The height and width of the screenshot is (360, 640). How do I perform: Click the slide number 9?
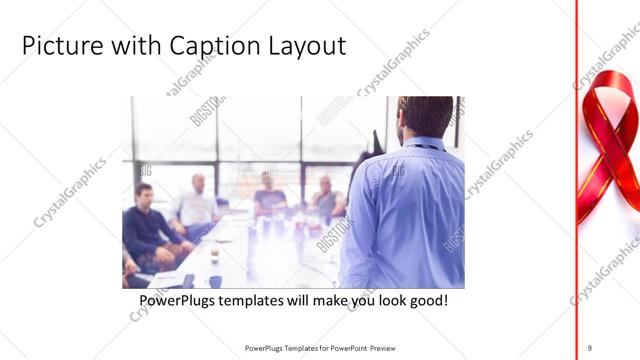[x=590, y=347]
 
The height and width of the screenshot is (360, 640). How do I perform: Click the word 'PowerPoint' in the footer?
[x=343, y=348]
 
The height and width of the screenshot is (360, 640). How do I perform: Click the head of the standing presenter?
[x=425, y=117]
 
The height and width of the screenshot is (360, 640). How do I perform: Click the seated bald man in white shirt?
[x=197, y=205]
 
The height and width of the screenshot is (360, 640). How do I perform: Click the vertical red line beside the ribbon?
[x=577, y=180]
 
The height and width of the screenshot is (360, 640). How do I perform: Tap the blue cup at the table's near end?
[x=214, y=281]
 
